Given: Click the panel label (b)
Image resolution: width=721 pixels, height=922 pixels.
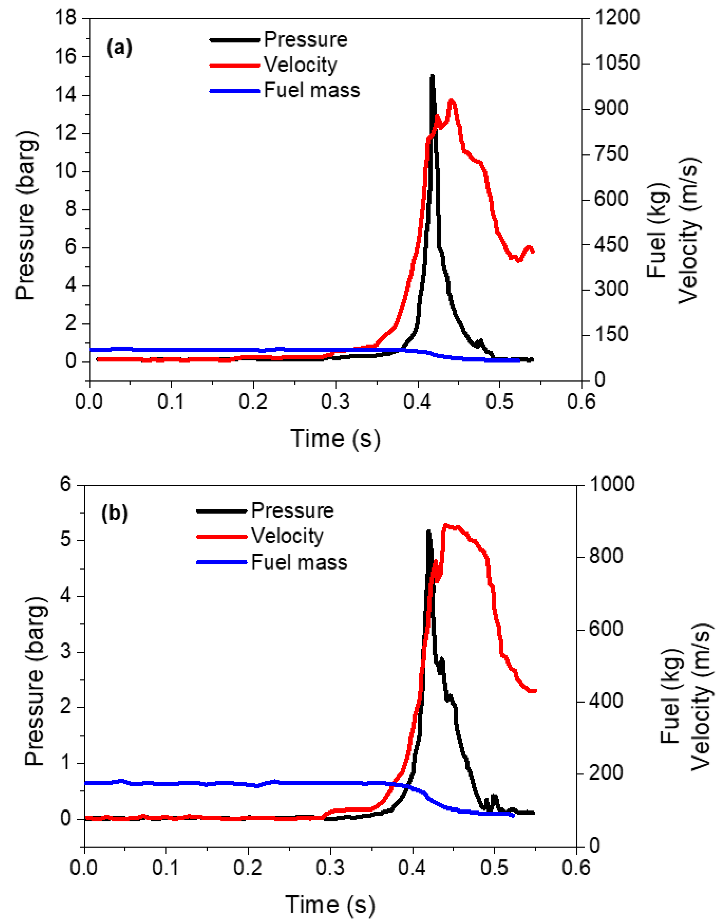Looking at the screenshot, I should [x=114, y=513].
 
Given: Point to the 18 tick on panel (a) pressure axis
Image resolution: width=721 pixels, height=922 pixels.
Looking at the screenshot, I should [x=65, y=18].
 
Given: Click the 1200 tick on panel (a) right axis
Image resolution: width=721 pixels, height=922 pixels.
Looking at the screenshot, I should [x=617, y=18].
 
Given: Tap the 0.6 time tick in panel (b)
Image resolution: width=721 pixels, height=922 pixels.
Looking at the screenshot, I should [x=576, y=868].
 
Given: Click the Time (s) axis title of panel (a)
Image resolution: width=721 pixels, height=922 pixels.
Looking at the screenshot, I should [x=336, y=439].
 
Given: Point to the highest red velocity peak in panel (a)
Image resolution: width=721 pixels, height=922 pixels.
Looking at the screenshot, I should [x=452, y=101].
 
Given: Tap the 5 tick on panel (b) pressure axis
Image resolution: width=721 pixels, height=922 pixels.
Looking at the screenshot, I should [x=65, y=541].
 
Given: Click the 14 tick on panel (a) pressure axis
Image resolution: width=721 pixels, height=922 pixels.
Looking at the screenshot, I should [x=65, y=95].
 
